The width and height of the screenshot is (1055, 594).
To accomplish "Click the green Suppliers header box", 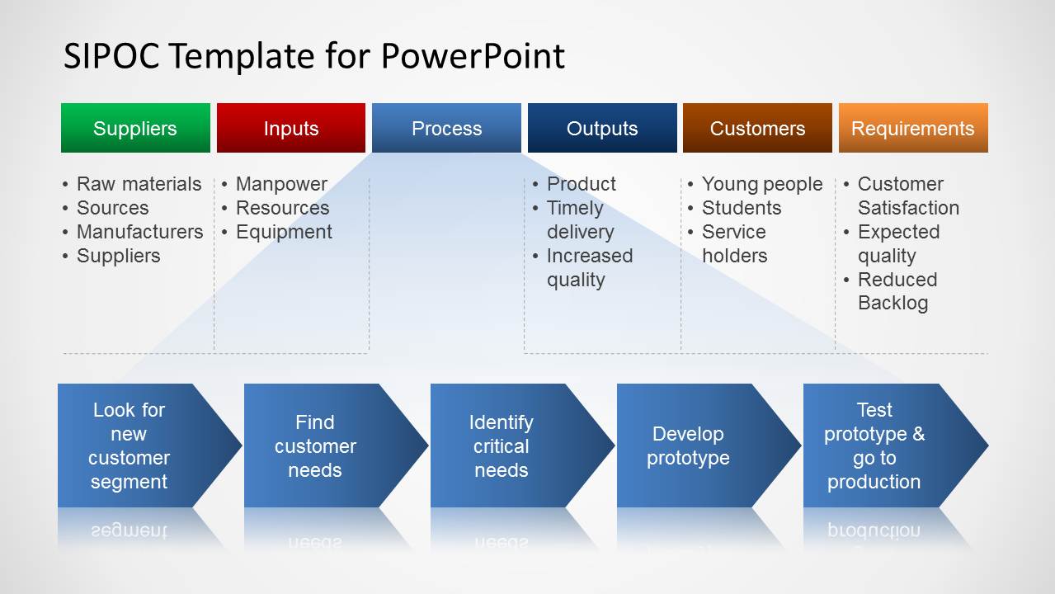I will (135, 128).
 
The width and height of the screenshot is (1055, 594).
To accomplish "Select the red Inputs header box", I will (290, 128).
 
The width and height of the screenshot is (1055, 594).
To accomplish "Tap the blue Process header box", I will (446, 128).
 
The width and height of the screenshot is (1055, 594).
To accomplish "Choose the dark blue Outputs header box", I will (602, 128).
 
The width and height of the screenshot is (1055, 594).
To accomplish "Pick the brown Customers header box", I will (757, 128).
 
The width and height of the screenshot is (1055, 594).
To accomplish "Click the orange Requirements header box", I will (913, 128).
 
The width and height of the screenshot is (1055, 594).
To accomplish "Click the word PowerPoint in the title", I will (473, 56).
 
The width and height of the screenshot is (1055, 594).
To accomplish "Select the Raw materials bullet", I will (139, 184).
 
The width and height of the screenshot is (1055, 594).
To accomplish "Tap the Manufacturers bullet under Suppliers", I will (139, 232).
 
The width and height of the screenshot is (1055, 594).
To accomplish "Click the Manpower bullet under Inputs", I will (281, 184).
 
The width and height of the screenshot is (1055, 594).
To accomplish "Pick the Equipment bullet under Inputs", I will (284, 232).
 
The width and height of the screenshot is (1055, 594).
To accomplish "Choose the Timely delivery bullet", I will (580, 220).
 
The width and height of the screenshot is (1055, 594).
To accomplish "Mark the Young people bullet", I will (761, 184).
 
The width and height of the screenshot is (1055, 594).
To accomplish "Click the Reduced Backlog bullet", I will (897, 291).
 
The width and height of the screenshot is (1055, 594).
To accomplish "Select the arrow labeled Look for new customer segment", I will (132, 445).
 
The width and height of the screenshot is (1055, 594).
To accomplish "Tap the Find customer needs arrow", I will (318, 445).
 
